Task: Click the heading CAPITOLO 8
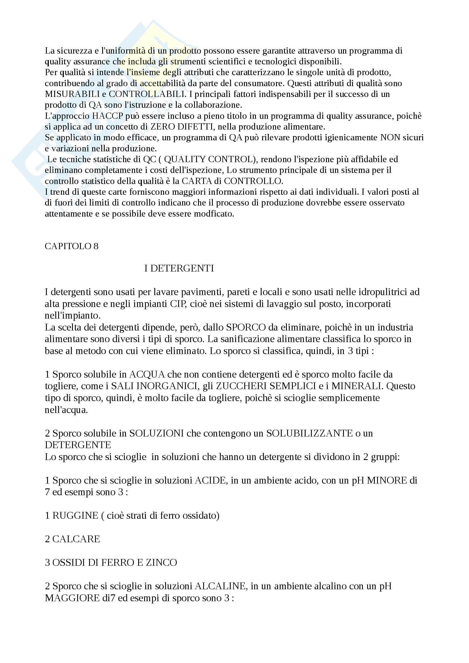(71, 246)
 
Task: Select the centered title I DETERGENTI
(179, 268)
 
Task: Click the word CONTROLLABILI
(147, 94)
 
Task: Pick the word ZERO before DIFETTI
(163, 127)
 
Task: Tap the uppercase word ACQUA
(147, 374)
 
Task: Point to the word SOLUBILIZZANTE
(310, 433)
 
